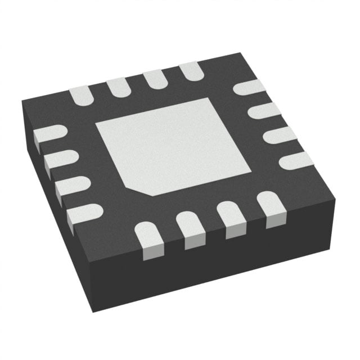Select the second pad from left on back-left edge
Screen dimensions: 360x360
click(118, 86)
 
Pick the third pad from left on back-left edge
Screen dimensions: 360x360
click(154, 78)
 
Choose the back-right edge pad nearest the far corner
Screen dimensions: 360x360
click(249, 87)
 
